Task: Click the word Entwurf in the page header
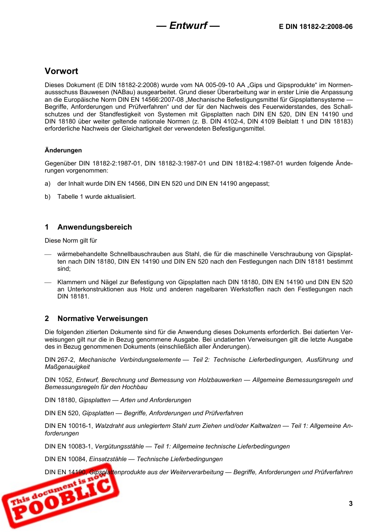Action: point(188,26)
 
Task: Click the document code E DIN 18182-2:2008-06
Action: point(315,27)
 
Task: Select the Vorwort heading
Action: point(61,71)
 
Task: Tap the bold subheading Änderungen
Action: point(63,150)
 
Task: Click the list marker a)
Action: point(47,184)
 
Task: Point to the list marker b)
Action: point(47,197)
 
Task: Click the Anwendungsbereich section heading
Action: point(95,227)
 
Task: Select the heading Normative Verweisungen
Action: point(103,319)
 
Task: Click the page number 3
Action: point(350,503)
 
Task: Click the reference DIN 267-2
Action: point(59,360)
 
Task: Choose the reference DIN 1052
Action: point(59,380)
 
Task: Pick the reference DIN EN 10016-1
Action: point(68,426)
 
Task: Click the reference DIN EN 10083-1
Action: point(68,446)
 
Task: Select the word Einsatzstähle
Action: point(108,459)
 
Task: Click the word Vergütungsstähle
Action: point(119,446)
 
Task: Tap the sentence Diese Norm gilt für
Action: point(71,241)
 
